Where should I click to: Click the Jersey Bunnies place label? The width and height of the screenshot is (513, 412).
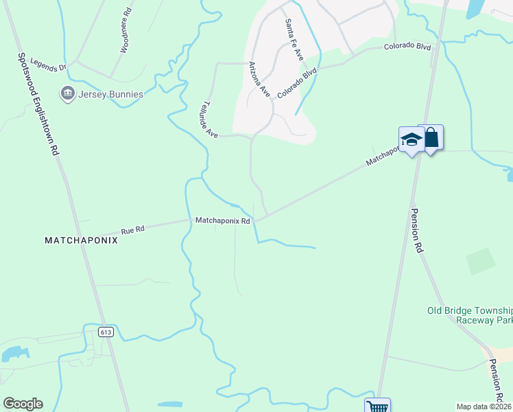point(111,94)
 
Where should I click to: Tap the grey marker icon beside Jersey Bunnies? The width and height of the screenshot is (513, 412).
point(67,93)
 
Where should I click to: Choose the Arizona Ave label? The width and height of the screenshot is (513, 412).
point(260,78)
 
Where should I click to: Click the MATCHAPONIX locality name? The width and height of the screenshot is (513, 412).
point(82,240)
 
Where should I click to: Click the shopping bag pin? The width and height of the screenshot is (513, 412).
point(431,138)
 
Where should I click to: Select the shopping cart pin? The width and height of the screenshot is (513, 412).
point(377,406)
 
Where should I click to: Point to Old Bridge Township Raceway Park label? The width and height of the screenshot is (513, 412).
point(470,315)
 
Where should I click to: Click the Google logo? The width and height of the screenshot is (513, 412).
point(23,404)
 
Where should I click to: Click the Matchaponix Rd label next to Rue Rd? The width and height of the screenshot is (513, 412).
point(223,220)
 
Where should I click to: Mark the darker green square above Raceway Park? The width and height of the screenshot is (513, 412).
point(481,262)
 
